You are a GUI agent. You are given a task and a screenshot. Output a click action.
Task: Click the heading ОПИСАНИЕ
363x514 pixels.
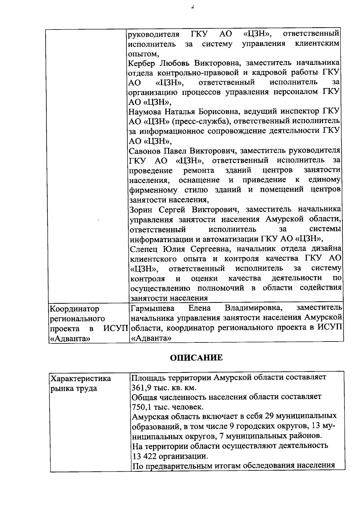click(x=196, y=358)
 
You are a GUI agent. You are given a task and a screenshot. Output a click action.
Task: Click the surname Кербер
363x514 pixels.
click(x=142, y=63)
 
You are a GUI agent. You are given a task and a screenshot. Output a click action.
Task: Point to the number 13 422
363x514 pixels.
click(x=143, y=456)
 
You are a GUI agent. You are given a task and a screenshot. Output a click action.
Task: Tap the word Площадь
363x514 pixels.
click(x=147, y=378)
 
